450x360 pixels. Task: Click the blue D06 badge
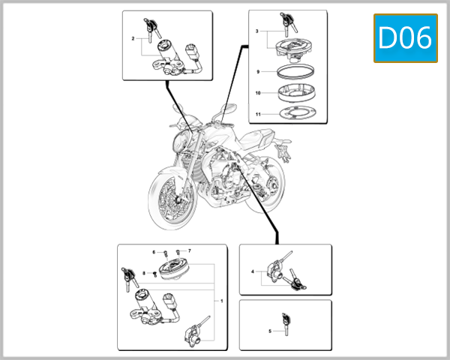pyautogui.click(x=405, y=37)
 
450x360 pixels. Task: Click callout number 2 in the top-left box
pyautogui.click(x=133, y=37)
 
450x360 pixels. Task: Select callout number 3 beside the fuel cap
pyautogui.click(x=257, y=31)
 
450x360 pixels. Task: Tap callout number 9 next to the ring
pyautogui.click(x=257, y=72)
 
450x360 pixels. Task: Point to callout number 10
pyautogui.click(x=257, y=94)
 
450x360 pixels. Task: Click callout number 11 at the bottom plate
pyautogui.click(x=257, y=115)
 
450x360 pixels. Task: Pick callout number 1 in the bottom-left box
pyautogui.click(x=221, y=300)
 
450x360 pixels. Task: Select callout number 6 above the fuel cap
pyautogui.click(x=154, y=252)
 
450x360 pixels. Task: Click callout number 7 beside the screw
pyautogui.click(x=190, y=250)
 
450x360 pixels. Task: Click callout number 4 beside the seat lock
pyautogui.click(x=253, y=271)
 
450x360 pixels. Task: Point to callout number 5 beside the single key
pyautogui.click(x=270, y=330)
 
